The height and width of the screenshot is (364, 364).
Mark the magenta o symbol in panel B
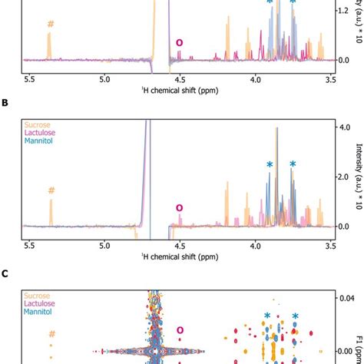180,207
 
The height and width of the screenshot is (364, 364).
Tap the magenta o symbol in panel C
180,331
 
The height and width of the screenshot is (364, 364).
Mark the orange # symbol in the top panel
51,24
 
